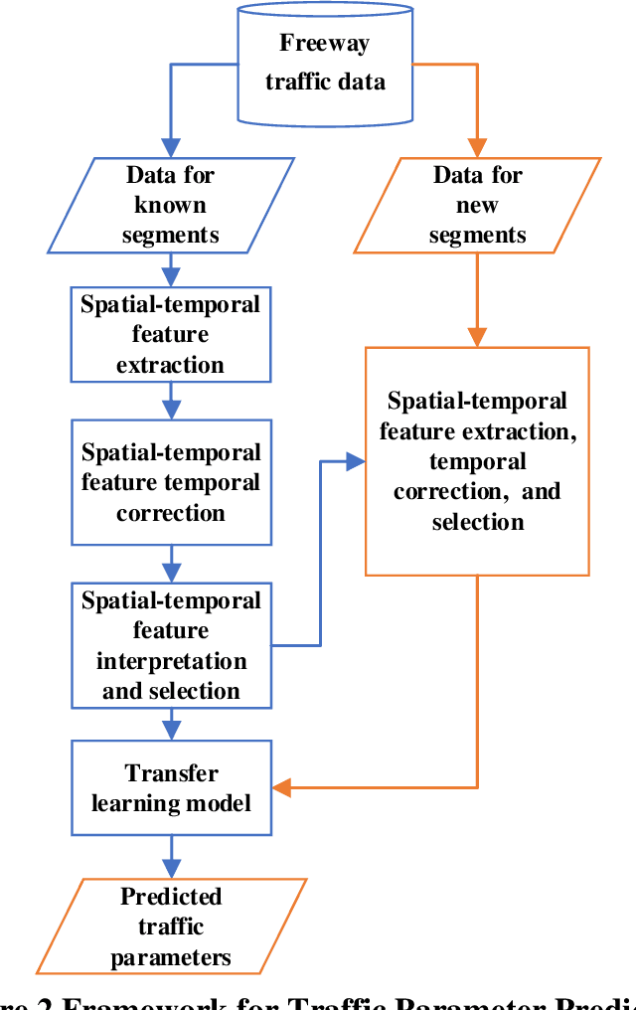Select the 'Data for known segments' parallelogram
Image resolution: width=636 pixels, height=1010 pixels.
(171, 205)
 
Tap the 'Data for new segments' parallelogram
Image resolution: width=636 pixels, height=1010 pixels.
(477, 205)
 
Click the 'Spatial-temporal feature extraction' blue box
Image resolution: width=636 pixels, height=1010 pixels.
(171, 334)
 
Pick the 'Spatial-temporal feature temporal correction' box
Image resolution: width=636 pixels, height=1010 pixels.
(171, 482)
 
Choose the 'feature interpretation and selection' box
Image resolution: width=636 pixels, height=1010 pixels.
(171, 645)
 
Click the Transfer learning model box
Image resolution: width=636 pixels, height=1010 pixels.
(171, 787)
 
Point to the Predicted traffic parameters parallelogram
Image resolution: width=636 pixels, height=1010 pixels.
(171, 926)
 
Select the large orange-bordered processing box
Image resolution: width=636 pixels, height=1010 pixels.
(477, 460)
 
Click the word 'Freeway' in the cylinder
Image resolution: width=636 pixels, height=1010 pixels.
(325, 43)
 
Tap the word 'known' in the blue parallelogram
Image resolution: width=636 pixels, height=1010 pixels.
(171, 205)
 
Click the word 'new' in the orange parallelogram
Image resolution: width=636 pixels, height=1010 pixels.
(477, 205)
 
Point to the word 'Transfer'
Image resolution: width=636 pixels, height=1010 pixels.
(171, 772)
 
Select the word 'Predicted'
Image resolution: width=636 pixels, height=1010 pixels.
(171, 897)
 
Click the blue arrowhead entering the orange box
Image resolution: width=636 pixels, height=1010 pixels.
(356, 461)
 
